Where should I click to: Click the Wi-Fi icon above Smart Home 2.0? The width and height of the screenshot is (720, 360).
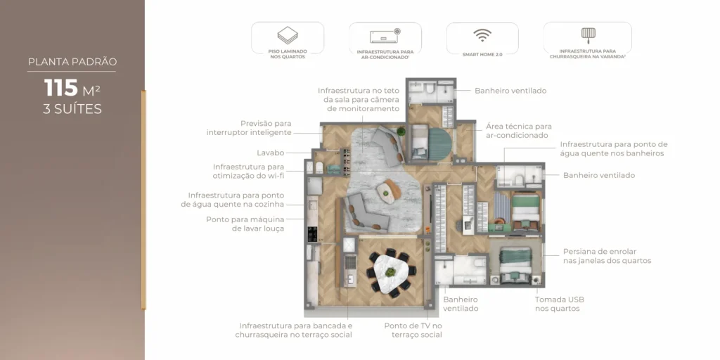482,36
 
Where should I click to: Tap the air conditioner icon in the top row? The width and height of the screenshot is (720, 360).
385,35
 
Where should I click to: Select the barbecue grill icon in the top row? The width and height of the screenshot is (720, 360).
587,34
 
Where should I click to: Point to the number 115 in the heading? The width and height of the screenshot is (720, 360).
61,88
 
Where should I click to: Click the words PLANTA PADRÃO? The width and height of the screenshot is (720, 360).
72,62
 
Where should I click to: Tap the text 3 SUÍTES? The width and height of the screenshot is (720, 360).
72,109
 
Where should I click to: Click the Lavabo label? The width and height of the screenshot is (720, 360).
271,153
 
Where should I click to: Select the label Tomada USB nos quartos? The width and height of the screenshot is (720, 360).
559,304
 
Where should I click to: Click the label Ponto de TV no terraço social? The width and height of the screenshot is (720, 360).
413,330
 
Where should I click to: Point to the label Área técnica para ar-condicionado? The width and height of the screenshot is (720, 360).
518,131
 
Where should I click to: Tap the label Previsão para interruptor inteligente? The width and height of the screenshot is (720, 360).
249,127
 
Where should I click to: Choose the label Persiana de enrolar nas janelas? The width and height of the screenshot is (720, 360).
606,256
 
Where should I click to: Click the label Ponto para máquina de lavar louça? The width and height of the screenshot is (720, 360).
245,224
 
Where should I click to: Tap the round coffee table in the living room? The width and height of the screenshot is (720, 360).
385,188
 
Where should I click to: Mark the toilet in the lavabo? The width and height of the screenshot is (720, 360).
318,167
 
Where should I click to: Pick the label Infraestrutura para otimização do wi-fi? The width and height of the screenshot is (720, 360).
249,171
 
